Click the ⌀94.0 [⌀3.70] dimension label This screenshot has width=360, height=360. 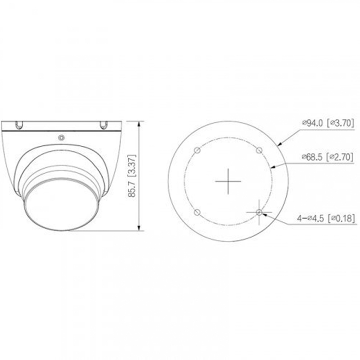pyautogui.click(x=328, y=123)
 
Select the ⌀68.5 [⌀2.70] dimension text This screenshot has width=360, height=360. pyautogui.click(x=328, y=157)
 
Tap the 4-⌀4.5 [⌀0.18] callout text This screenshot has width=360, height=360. pyautogui.click(x=326, y=218)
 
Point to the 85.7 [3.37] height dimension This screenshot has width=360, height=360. pyautogui.click(x=132, y=175)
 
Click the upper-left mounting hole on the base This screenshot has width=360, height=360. pyautogui.click(x=197, y=150)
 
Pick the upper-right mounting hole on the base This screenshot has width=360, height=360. pyautogui.click(x=259, y=150)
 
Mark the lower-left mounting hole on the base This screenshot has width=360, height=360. pyautogui.click(x=197, y=212)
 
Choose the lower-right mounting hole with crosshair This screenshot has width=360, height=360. pyautogui.click(x=259, y=212)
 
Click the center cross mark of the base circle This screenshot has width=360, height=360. pyautogui.click(x=228, y=181)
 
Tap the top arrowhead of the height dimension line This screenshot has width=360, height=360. pyautogui.click(x=139, y=124)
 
